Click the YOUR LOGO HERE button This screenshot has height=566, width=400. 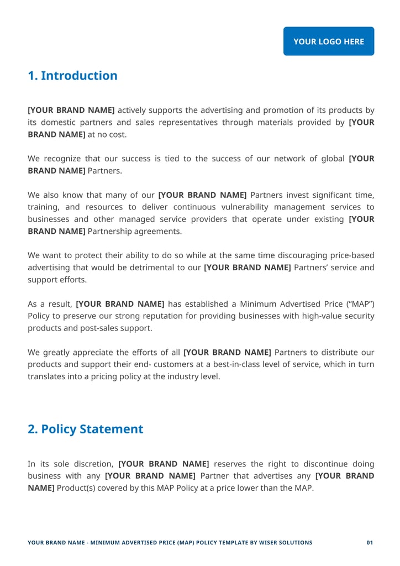point(329,41)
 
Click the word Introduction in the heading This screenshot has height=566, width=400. point(79,76)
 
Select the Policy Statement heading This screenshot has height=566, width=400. point(86,429)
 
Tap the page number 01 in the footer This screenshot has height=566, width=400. point(370,543)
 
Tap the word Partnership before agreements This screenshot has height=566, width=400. point(114,231)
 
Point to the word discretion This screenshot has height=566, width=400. point(90,464)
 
